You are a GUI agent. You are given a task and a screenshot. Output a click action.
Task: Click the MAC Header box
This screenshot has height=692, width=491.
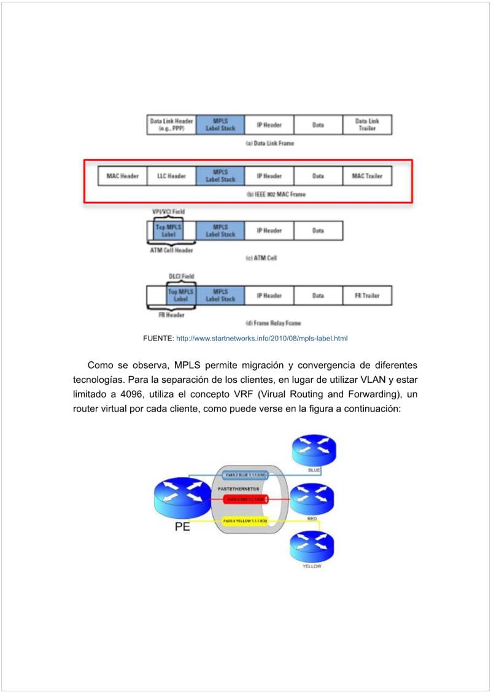[x=122, y=176]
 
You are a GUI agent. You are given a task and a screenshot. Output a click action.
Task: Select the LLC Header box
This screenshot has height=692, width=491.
[x=171, y=176]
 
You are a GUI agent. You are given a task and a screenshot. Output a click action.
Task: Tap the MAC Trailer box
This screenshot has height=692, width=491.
[x=367, y=176]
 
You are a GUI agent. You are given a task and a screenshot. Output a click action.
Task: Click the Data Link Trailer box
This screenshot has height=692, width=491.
[x=367, y=125]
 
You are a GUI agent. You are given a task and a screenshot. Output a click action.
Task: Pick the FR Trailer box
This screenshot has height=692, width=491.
[x=367, y=296]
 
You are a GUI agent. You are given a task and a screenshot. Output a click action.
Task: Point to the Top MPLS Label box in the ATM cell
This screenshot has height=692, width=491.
[x=168, y=231]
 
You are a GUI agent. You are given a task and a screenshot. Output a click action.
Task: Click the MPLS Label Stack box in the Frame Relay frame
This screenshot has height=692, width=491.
[x=220, y=296]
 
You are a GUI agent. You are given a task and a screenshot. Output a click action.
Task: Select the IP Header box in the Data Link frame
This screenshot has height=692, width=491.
[x=269, y=125]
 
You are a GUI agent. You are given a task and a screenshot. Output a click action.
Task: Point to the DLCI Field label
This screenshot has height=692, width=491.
[x=181, y=277]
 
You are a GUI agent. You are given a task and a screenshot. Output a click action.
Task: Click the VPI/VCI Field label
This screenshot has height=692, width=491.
[x=168, y=212]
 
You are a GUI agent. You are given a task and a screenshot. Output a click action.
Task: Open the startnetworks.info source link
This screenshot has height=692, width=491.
[x=261, y=338]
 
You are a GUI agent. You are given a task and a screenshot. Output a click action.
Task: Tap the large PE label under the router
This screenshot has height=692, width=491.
[x=182, y=526]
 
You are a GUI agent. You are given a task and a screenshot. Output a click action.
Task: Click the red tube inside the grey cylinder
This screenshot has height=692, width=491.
[x=245, y=499]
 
